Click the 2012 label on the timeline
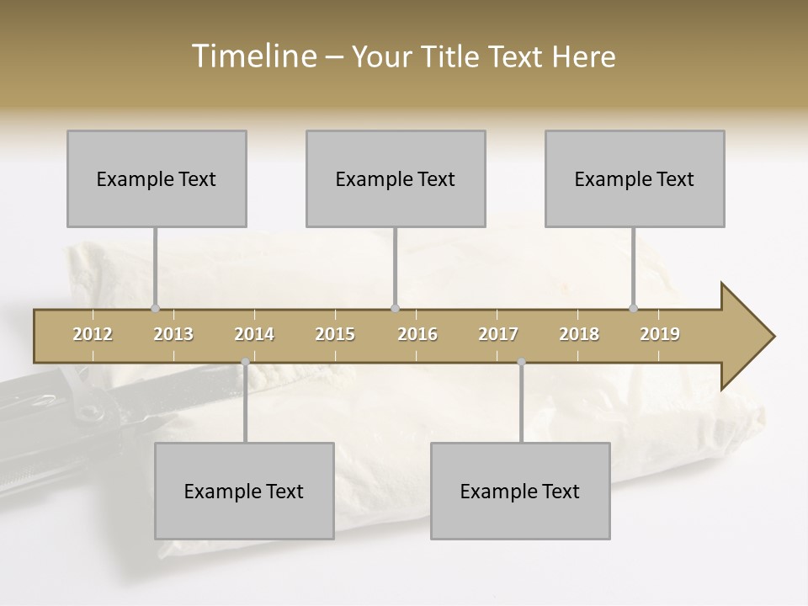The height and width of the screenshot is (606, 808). point(93,334)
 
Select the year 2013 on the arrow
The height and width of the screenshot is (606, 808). point(173,334)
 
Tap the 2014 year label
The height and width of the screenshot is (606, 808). point(254,334)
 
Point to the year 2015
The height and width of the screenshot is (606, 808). point(335,334)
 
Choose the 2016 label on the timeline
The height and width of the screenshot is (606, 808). point(417,334)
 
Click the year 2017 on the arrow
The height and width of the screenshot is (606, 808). point(498,334)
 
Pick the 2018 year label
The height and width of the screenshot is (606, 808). point(579,334)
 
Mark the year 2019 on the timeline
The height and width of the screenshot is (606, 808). point(660,334)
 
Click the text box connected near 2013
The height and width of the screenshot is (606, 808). point(157,178)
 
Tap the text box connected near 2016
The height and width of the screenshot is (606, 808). point(396,178)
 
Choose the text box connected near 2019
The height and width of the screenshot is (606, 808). point(635,178)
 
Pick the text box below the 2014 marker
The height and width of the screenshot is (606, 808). point(244,491)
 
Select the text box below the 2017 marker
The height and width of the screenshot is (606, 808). point(520,491)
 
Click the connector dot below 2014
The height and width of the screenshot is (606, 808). point(245,362)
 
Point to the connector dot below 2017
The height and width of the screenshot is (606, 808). point(521,362)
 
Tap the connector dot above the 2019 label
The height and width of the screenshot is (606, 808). point(634,308)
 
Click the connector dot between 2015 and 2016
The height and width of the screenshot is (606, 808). point(395,308)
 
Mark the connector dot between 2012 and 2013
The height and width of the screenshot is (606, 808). point(155,308)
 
